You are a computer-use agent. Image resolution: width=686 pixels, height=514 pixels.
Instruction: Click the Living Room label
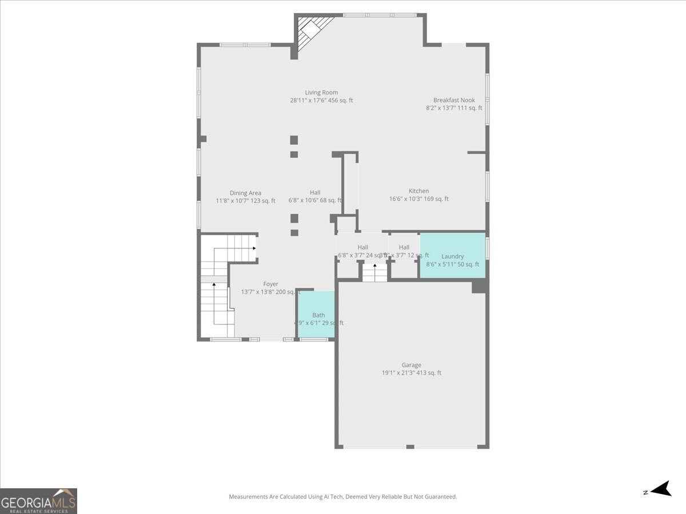click(321, 93)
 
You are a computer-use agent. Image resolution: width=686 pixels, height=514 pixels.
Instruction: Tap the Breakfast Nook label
click(454, 100)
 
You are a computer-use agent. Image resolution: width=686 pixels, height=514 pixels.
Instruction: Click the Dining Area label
click(245, 193)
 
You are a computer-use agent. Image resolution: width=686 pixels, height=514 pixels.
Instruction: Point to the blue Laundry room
click(453, 255)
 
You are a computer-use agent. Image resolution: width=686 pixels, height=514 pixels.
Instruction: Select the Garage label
click(411, 365)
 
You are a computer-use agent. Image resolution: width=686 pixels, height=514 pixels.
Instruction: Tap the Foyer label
click(270, 284)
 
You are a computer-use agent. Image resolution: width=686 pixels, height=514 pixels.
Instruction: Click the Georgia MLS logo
click(38, 501)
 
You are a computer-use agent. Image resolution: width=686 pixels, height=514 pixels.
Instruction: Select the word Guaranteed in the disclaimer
click(441, 497)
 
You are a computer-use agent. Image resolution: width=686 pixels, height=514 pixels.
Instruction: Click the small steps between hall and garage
click(375, 273)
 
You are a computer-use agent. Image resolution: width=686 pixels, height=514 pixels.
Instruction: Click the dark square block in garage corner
click(478, 287)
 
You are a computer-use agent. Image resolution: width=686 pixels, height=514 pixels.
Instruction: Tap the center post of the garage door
click(410, 446)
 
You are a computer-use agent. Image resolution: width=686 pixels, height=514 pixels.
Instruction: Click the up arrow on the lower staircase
click(214, 285)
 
